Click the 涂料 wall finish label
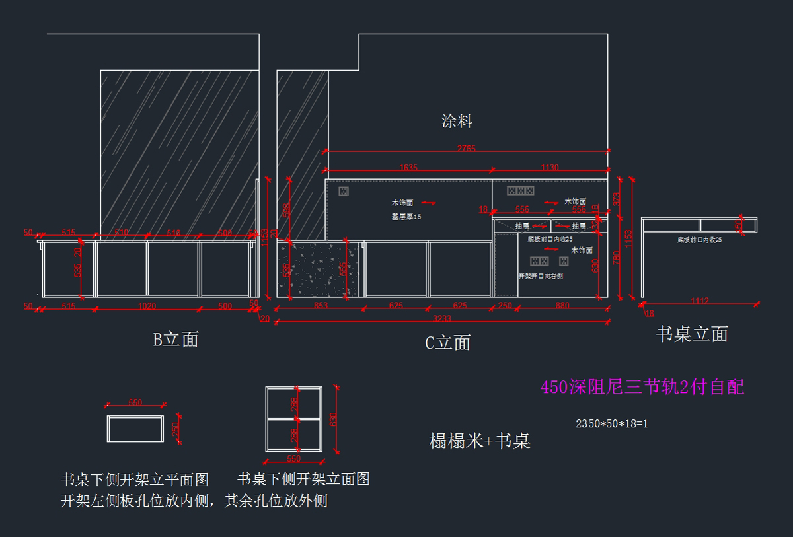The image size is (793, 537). pos(457,121)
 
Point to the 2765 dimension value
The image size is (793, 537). pos(466,148)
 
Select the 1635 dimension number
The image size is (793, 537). pos(408,168)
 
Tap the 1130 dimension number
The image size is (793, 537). pos(549,168)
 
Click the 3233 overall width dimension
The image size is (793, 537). pos(441,319)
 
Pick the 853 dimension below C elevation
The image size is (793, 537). pos(320,305)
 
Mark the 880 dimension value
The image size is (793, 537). pos(562,305)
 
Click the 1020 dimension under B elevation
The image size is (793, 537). pos(146,306)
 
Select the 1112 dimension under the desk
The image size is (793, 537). pos(699,301)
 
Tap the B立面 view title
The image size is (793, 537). pos(176,340)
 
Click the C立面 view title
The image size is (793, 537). pos(448,342)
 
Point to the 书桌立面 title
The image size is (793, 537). pos(691,334)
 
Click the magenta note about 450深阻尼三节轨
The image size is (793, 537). pos(642,387)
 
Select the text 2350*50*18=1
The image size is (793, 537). pos(611,423)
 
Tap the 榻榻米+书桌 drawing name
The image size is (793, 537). pos(480,441)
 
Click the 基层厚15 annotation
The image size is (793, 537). pos(406,216)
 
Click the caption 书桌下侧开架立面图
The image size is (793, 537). pos(303,479)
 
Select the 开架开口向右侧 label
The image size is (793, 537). pos(541,276)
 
